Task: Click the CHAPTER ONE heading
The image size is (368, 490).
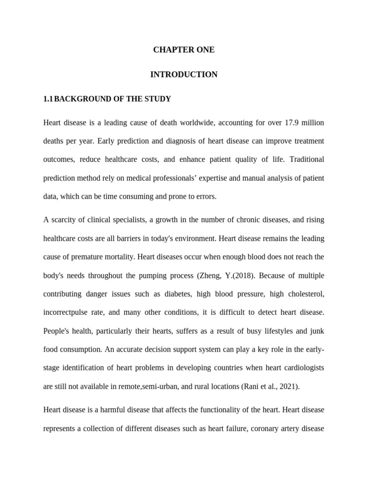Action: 184,50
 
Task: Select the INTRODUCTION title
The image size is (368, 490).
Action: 184,74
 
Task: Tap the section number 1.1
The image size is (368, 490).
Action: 47,99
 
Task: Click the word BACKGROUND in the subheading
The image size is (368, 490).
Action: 80,99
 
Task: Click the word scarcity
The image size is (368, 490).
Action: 64,220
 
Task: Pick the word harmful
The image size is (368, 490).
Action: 106,410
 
